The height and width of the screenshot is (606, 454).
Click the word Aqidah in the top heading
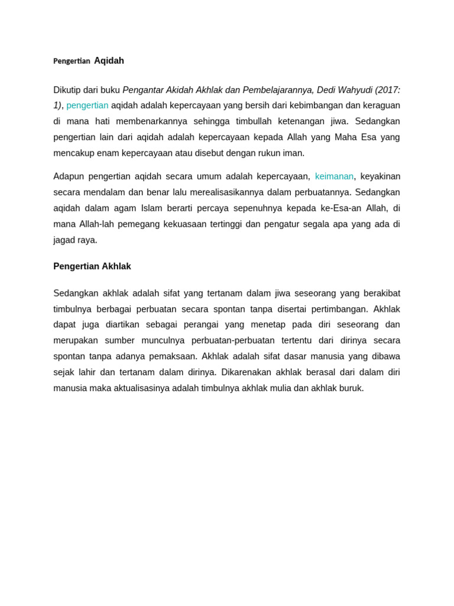109,61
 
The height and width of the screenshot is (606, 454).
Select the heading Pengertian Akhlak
92,266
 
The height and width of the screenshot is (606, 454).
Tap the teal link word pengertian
87,105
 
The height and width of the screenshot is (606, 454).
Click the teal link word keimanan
334,176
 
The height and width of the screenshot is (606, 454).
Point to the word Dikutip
67,90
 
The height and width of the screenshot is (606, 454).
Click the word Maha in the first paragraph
346,137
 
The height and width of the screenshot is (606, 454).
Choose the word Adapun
68,176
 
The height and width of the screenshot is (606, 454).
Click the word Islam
151,208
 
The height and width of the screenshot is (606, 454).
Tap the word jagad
64,240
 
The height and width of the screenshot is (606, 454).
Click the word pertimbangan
338,309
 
